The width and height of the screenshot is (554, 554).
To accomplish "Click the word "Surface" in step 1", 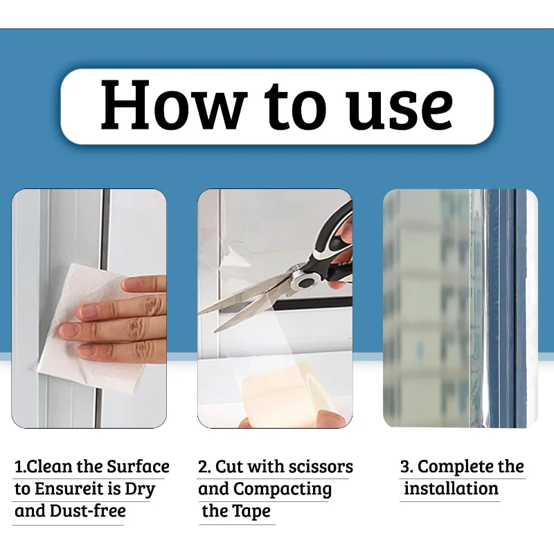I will (x=138, y=467).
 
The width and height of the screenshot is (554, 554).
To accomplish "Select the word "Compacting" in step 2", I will (x=283, y=489).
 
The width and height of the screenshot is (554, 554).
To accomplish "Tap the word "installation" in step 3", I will (x=451, y=489).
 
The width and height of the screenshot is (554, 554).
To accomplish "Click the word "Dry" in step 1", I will (x=140, y=489).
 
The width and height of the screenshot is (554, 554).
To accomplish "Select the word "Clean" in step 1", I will (x=49, y=467).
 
